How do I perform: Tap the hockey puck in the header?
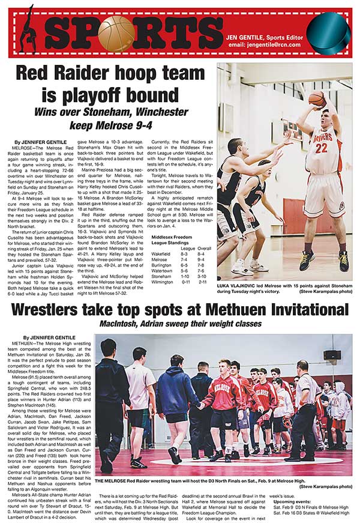(328, 31)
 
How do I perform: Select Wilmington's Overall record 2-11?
(203, 281)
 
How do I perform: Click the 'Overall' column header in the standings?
(204, 247)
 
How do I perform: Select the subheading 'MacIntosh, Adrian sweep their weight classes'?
(180, 325)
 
